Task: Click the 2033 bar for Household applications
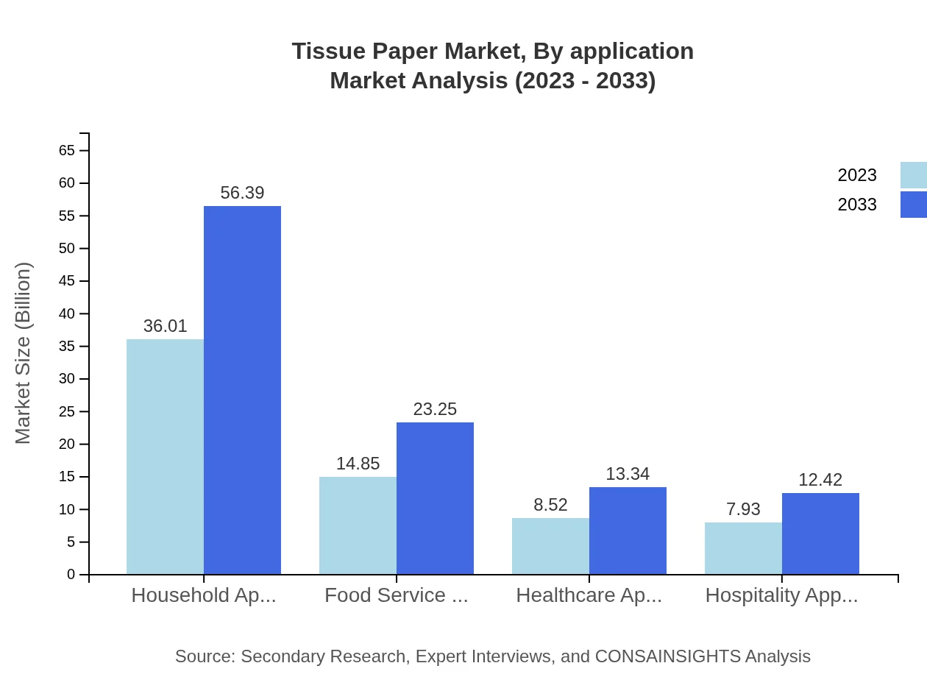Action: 242,390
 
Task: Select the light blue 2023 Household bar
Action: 165,456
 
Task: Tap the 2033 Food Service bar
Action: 435,498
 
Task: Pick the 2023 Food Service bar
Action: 358,525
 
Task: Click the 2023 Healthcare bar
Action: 550,546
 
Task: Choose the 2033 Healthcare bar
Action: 628,531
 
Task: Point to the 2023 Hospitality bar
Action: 743,548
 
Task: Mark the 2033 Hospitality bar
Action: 820,534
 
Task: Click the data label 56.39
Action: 242,193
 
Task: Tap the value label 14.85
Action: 358,464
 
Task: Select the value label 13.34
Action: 628,474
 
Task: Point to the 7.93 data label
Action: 743,509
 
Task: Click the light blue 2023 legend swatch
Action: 914,175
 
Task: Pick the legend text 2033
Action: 857,205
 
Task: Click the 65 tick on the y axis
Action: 66,150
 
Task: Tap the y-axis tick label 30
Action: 66,379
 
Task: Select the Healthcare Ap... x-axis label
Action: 589,595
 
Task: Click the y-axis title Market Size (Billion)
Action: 24,353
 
